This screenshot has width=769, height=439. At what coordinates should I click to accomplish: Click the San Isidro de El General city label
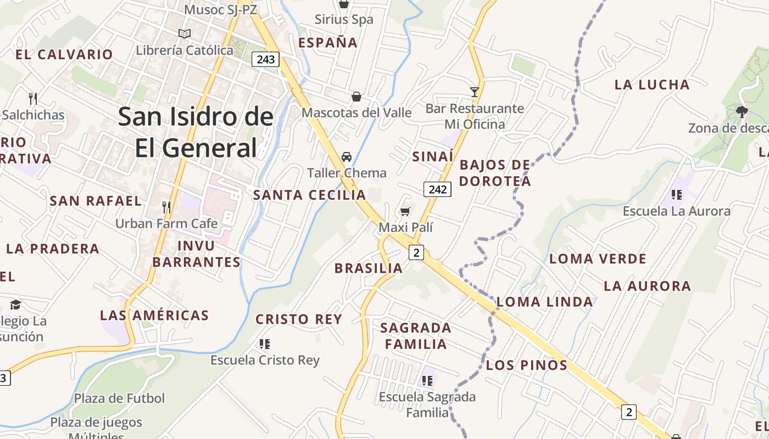point(196,132)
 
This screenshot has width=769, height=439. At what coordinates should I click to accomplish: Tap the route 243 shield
point(266,59)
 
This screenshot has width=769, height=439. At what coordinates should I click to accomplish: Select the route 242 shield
point(438,189)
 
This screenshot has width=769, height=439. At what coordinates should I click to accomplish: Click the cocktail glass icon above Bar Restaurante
point(475,92)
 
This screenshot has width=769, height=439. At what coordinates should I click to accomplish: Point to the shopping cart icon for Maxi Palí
point(405,211)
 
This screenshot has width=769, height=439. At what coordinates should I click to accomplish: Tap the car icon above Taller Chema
point(347,157)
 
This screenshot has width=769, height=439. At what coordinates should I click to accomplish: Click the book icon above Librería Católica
point(185,34)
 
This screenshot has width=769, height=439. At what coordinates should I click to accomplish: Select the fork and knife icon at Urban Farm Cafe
point(166,207)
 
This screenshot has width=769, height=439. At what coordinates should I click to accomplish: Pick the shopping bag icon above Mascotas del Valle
point(356,97)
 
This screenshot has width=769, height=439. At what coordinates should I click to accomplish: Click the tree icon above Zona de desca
point(742,112)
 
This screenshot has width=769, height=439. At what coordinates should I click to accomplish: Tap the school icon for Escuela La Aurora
point(677,194)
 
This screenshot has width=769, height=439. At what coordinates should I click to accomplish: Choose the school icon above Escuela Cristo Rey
point(265,344)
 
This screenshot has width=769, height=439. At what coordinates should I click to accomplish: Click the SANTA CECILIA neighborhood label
point(309,195)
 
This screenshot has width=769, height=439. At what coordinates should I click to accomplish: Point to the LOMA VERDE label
point(598,258)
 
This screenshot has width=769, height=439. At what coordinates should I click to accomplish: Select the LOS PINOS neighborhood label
point(526,365)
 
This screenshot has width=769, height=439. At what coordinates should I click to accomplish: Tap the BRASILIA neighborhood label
point(369,268)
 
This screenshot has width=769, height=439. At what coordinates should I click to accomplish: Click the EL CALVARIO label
point(64,54)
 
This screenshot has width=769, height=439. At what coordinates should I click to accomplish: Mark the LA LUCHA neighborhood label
point(652,85)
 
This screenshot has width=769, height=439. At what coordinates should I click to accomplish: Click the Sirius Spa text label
point(344,20)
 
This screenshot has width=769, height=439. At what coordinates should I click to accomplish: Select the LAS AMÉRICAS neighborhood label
point(154,316)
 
